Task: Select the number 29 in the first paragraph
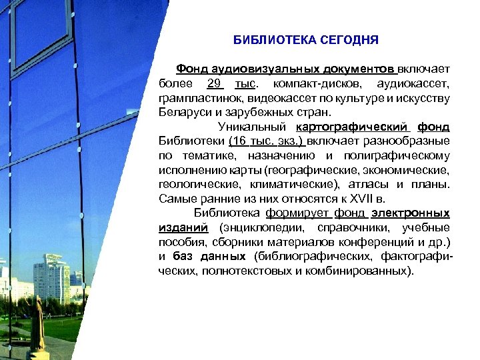[213, 83]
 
